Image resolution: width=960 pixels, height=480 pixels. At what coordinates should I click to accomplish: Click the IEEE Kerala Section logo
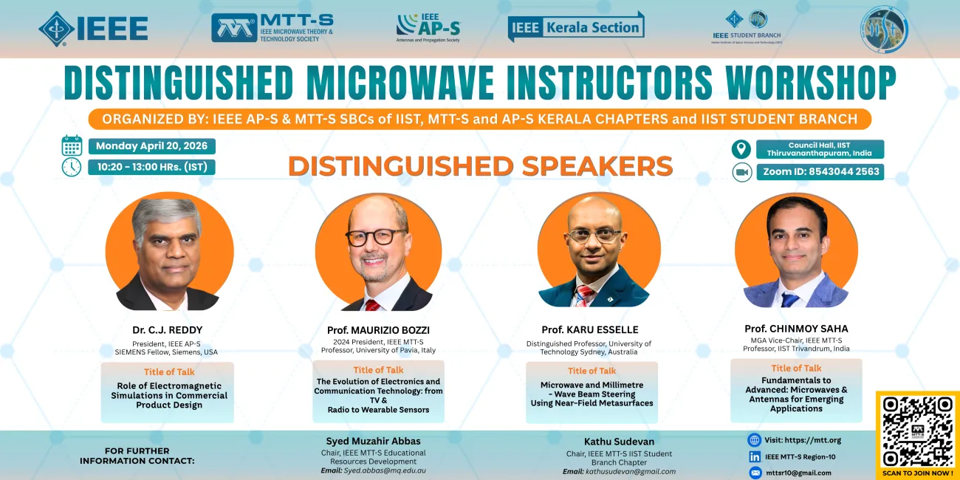click(x=576, y=27)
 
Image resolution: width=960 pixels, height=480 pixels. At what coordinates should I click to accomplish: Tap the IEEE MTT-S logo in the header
click(x=272, y=28)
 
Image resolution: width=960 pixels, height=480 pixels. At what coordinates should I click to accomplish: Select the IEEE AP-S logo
click(x=428, y=27)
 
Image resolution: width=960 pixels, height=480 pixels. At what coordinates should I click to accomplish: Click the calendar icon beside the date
click(x=72, y=145)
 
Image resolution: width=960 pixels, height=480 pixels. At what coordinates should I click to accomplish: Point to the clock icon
click(x=72, y=167)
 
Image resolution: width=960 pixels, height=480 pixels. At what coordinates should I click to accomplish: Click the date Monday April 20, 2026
click(x=151, y=145)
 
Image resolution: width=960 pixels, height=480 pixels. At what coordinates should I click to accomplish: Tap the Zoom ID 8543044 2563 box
click(x=820, y=172)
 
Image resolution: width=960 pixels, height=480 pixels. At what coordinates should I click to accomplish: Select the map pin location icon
click(x=741, y=149)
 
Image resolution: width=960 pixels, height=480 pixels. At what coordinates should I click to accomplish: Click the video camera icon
click(x=741, y=172)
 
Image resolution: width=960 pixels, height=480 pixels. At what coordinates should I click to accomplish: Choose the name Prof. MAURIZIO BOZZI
click(x=378, y=330)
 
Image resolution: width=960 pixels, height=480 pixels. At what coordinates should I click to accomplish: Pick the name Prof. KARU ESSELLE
click(x=589, y=329)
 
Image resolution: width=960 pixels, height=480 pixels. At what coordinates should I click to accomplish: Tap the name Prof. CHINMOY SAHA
click(x=796, y=328)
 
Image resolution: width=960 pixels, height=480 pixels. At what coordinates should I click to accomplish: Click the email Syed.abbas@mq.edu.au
click(x=384, y=470)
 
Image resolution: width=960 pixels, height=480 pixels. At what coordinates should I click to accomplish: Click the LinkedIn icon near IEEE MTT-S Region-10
click(x=755, y=456)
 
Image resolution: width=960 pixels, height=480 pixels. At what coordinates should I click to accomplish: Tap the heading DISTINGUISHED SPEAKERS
click(x=480, y=165)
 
